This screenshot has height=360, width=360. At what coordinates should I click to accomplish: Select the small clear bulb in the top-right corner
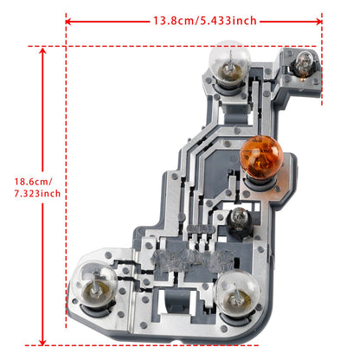click(304, 62)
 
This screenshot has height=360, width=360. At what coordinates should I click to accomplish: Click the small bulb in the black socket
click(237, 215)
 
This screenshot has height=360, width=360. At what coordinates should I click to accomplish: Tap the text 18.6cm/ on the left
click(33, 182)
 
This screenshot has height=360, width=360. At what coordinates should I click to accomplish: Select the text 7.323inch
click(36, 194)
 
